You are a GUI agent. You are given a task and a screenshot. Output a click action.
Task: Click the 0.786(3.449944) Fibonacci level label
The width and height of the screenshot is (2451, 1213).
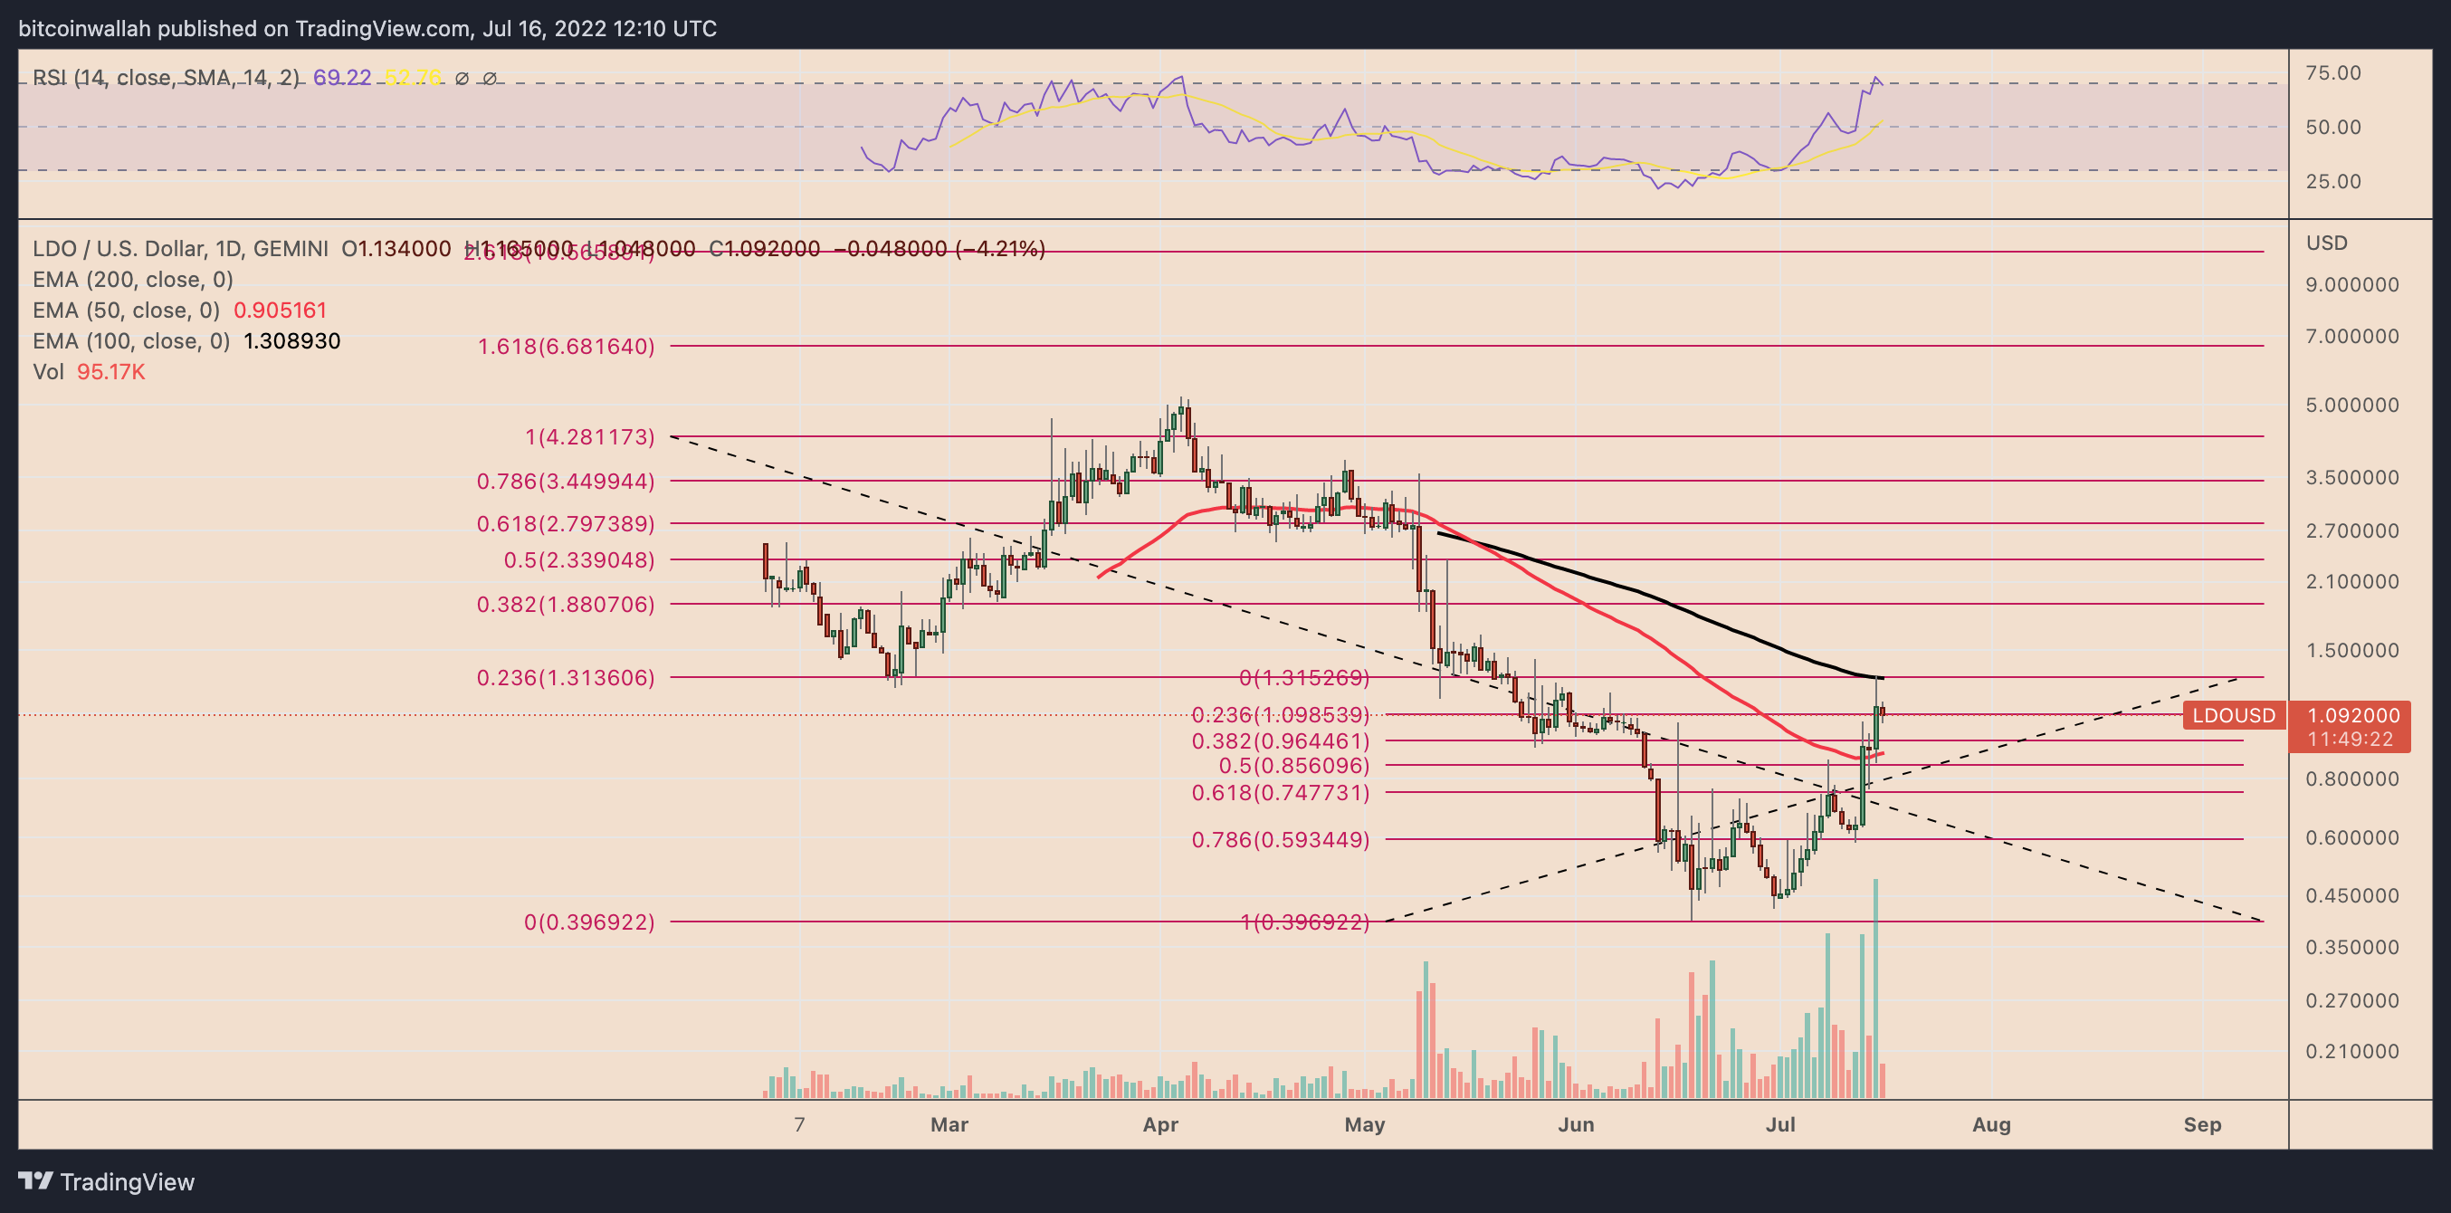tap(565, 482)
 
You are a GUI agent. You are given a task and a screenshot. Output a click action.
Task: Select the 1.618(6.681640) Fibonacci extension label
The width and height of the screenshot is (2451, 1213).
tap(565, 347)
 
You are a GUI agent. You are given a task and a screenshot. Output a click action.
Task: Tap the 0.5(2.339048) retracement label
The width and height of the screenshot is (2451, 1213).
tap(578, 560)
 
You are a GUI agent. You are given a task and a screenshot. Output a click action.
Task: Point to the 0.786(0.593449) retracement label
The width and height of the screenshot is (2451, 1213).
tap(1280, 840)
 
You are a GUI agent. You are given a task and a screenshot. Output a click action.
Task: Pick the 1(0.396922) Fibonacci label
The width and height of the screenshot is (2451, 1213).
tap(1304, 922)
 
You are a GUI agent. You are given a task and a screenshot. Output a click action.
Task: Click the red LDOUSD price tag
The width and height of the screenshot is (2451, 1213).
tap(2233, 715)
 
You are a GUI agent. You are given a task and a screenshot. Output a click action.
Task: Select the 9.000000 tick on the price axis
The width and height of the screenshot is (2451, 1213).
tap(2351, 284)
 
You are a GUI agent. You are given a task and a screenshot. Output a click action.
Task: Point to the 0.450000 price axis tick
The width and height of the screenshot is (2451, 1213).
tap(2351, 896)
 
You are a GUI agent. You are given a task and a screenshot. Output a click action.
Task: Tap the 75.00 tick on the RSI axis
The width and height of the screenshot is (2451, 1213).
tap(2333, 73)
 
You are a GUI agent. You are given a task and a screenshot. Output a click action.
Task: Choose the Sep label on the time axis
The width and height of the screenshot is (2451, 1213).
tap(2202, 1125)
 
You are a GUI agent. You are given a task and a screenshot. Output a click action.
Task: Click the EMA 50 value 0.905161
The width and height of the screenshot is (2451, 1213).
tap(280, 311)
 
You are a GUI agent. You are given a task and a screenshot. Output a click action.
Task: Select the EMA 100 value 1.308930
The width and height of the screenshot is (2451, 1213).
tap(291, 341)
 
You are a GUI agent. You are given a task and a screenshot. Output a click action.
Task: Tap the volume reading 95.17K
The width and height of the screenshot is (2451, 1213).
tap(110, 372)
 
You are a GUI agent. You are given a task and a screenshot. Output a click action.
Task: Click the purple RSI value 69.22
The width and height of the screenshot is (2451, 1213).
tap(341, 78)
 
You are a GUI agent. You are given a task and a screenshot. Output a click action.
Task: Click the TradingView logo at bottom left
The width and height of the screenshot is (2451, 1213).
tap(107, 1181)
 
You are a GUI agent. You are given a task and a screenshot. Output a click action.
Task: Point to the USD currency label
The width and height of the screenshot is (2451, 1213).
tap(2326, 244)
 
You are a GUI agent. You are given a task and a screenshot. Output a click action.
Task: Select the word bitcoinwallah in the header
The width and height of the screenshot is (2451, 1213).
tap(85, 29)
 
